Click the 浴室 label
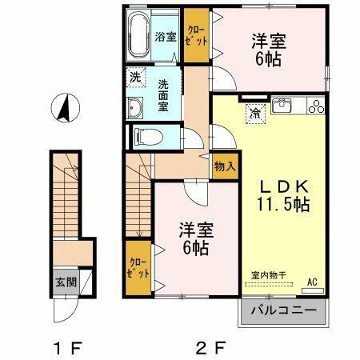click(166, 36)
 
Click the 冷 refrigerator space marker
click(253, 113)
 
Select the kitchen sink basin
click(283, 105)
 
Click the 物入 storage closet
click(225, 166)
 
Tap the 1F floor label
click(65, 346)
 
